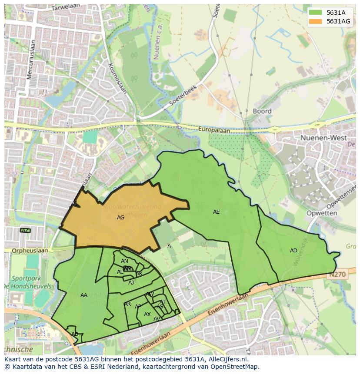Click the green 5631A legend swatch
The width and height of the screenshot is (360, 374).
click(315, 13)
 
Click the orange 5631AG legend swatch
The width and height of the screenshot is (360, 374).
click(315, 21)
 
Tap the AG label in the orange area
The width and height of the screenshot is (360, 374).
click(120, 217)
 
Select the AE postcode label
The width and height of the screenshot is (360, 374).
click(216, 212)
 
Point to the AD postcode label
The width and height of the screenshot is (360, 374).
click(293, 251)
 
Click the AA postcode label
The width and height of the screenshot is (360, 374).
click(84, 295)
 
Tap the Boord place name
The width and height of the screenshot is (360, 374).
click(262, 111)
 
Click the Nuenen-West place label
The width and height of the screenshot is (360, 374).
click(323, 138)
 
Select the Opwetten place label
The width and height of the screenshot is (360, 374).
click(321, 213)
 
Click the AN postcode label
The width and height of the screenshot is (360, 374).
click(124, 261)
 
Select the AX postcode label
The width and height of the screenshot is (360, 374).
click(147, 314)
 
